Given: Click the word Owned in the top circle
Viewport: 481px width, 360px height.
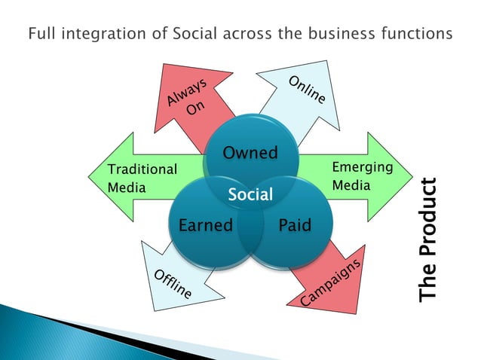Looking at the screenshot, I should [250, 154].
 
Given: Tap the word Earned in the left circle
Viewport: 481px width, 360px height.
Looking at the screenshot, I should [205, 225].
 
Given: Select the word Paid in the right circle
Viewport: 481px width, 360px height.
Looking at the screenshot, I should [294, 225].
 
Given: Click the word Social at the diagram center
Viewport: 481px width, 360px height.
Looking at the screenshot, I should [250, 195].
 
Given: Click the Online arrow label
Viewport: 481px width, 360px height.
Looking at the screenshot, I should [306, 90].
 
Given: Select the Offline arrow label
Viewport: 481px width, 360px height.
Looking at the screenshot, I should [173, 282].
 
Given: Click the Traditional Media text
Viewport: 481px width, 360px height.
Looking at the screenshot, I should [142, 178].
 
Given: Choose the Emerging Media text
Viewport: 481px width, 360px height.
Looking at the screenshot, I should [362, 175].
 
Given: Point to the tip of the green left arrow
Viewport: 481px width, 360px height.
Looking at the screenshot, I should [90, 178].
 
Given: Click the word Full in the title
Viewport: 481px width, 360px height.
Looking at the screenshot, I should [41, 34].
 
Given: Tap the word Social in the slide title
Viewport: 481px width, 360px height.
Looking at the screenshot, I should [179, 34].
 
